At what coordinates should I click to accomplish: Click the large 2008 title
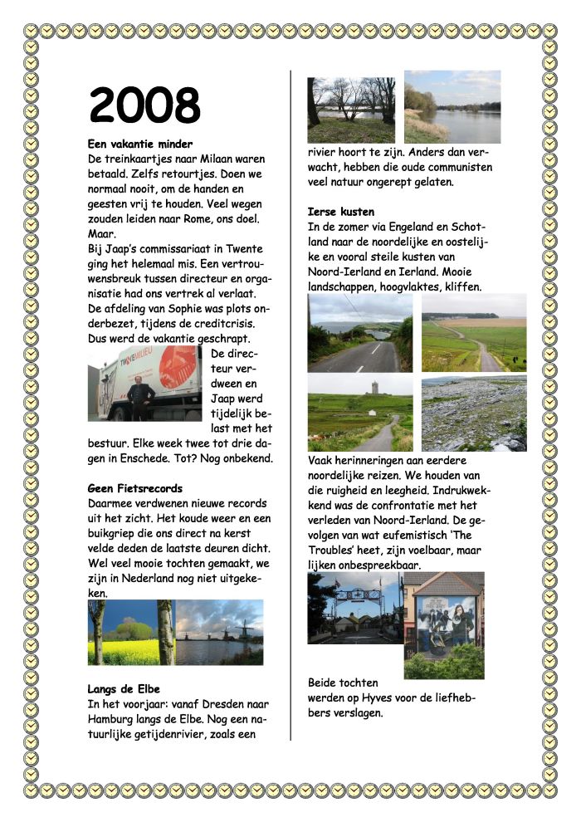tap(144, 105)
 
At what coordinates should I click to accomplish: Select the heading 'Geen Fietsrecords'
tap(134, 487)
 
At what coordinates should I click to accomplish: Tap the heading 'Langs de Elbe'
tap(124, 688)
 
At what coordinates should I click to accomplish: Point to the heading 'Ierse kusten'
tap(340, 212)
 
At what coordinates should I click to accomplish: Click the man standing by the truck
tap(141, 398)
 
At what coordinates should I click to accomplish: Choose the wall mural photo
tap(443, 619)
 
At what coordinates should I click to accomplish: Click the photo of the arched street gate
tap(355, 606)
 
